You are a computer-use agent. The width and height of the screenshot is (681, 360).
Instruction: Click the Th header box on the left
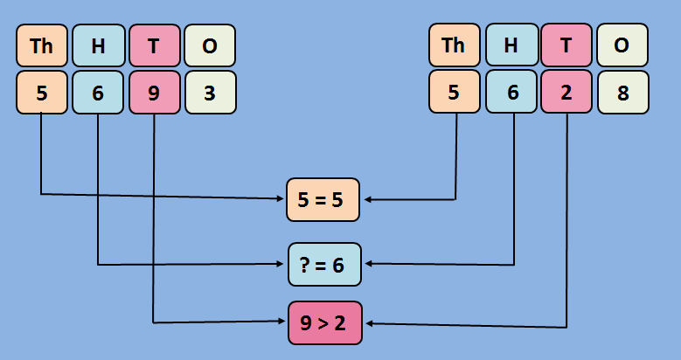point(41,46)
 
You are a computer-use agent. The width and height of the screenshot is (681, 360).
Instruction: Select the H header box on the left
point(97,46)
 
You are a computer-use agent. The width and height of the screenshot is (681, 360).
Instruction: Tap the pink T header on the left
point(154,46)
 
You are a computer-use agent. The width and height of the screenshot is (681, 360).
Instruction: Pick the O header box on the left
point(209,46)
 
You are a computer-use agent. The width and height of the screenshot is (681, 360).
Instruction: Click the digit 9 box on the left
point(154,93)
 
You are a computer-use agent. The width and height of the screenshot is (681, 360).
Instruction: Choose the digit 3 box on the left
point(209,93)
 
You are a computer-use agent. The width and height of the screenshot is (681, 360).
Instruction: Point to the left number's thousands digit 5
point(41,93)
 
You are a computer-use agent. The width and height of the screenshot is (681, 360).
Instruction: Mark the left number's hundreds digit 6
point(97,93)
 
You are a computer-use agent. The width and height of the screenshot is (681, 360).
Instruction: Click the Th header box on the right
point(454,46)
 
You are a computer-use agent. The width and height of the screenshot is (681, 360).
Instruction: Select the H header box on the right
point(511,46)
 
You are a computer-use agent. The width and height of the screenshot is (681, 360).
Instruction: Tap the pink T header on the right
point(566,46)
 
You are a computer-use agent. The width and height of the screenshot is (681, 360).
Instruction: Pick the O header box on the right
point(622,46)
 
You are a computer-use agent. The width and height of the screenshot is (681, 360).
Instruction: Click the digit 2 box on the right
point(566,93)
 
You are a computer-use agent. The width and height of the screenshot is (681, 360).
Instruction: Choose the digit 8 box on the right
point(622,93)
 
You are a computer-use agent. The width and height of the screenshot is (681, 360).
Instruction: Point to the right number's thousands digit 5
point(454,93)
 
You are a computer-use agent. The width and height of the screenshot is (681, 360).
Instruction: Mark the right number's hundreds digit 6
point(511,93)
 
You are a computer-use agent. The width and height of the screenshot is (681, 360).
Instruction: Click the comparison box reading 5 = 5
point(323,199)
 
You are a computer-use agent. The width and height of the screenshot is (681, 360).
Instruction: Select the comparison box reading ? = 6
point(324,265)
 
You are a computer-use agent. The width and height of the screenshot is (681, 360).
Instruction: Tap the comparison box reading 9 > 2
point(323,322)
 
